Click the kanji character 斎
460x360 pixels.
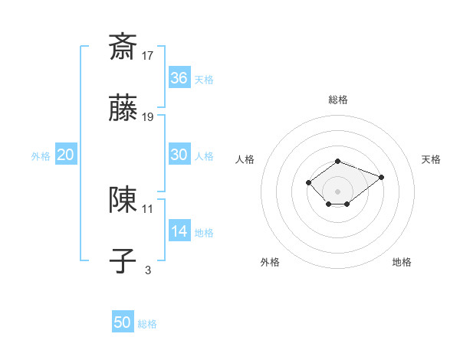123,47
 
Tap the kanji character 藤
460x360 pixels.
123,109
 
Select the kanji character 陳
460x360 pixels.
123,200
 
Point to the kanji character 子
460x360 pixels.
123,261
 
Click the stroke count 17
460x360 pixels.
148,55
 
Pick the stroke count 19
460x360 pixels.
148,117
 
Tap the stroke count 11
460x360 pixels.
148,208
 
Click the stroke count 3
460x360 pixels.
148,270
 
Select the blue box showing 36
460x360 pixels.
179,78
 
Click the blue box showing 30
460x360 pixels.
179,155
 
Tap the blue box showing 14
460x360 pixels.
179,231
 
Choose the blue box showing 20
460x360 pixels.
66,155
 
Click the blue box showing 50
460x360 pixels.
123,322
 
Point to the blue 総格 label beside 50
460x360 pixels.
147,324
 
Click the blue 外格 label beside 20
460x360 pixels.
41,156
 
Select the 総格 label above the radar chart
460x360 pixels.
338,100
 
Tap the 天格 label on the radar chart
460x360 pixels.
432,159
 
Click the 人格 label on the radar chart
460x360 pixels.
245,159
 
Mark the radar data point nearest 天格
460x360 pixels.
381,177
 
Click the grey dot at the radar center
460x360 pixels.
338,191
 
